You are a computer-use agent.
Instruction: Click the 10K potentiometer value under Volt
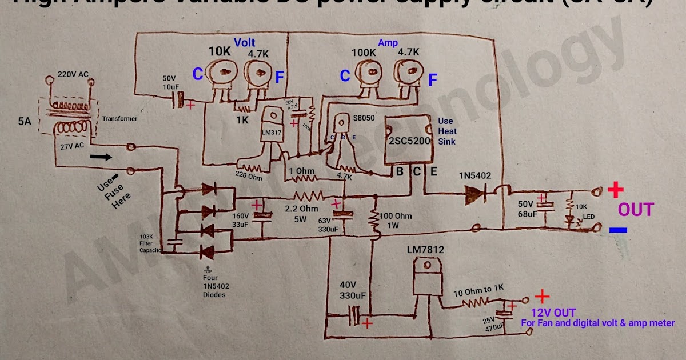pyautogui.click(x=220, y=51)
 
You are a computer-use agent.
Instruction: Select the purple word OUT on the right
pyautogui.click(x=635, y=210)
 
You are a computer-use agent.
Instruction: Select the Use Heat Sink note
pyautogui.click(x=447, y=131)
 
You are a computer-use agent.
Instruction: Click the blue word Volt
pyautogui.click(x=244, y=42)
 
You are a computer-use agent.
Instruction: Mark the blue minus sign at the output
pyautogui.click(x=617, y=230)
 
